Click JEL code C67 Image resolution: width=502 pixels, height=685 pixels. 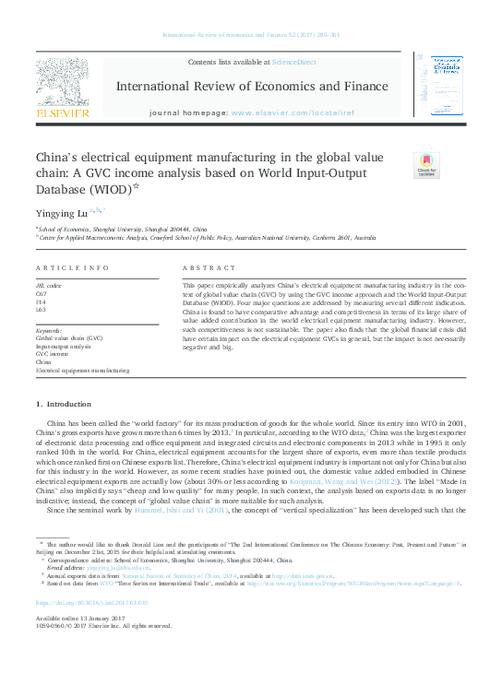click(42, 293)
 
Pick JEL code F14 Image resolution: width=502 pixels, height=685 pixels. click(42, 301)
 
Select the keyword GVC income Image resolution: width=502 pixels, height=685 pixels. click(52, 353)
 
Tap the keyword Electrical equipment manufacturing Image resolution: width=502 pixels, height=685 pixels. click(83, 369)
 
